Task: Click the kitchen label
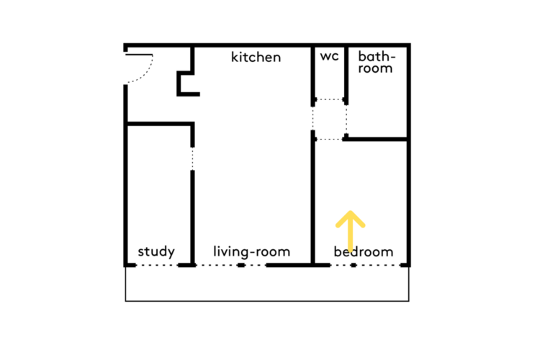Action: (x=256, y=57)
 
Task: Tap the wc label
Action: (x=329, y=56)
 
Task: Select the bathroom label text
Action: (x=377, y=62)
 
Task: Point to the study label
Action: (x=156, y=251)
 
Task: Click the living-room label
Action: (x=252, y=251)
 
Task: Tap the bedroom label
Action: (x=364, y=251)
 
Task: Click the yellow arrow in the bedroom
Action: (x=350, y=231)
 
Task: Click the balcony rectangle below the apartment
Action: (x=267, y=301)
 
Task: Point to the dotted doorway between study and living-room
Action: (x=192, y=158)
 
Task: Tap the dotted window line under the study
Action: (x=157, y=265)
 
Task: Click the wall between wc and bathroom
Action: (x=346, y=75)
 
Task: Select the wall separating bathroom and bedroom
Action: (x=376, y=139)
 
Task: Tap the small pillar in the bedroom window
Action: (x=354, y=265)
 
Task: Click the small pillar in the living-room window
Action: (x=241, y=265)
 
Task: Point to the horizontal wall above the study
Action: (x=160, y=124)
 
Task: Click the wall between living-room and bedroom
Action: (x=312, y=197)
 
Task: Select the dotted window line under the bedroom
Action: (x=365, y=265)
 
